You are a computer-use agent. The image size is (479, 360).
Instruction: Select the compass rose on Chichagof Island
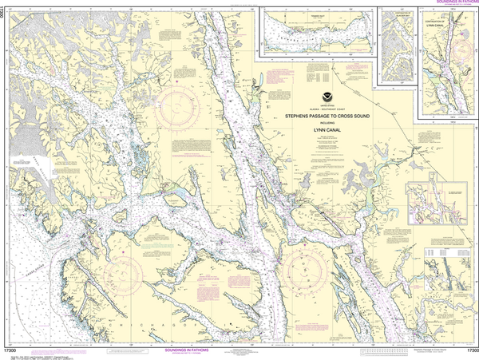click(x=127, y=272)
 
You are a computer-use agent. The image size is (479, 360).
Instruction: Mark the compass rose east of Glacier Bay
click(x=183, y=112)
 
